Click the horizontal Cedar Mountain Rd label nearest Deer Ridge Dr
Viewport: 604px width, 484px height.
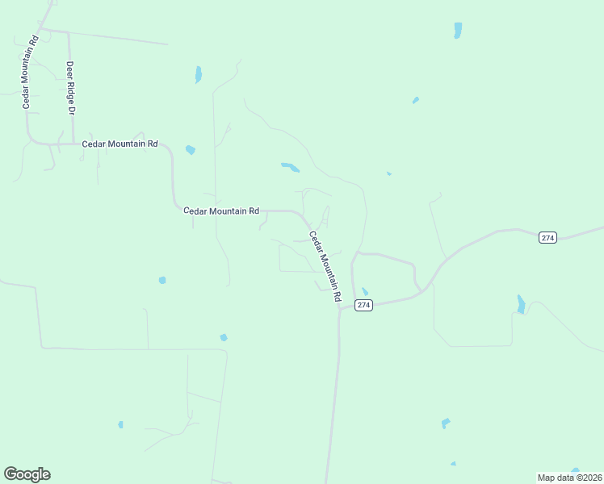point(120,144)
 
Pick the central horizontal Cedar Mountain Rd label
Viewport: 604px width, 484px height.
point(220,211)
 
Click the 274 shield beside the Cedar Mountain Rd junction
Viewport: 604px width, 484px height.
point(363,305)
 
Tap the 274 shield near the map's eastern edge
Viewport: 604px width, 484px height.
point(548,237)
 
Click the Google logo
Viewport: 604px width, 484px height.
point(27,474)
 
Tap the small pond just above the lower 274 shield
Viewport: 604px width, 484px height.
point(365,292)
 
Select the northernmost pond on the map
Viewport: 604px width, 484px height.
point(458,31)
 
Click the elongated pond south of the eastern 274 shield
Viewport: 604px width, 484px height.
point(521,304)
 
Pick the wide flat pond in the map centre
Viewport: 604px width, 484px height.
point(290,168)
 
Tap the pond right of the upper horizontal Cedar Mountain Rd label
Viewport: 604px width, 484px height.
point(191,150)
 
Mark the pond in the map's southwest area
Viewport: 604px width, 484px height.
point(120,424)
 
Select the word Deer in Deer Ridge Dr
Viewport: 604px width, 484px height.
point(70,70)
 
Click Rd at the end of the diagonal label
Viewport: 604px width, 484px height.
point(337,295)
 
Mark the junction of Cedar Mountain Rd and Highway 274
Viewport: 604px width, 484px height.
point(339,309)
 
